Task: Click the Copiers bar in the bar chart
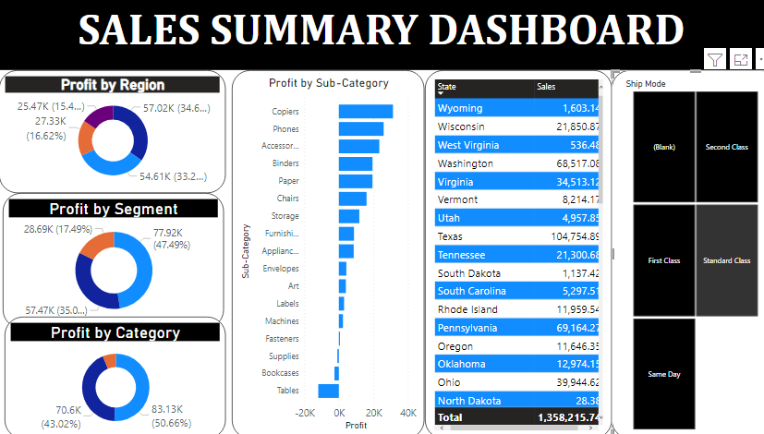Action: (365, 112)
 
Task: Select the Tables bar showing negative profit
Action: (328, 391)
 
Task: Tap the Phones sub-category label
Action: (285, 129)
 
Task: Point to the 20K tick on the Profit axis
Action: (373, 413)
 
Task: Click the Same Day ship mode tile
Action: (663, 374)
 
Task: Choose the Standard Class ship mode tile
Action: (728, 260)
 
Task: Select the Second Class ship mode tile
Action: (727, 147)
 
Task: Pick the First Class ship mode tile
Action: (663, 260)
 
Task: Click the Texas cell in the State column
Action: (456, 236)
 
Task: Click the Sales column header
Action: (546, 87)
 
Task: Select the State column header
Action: (447, 87)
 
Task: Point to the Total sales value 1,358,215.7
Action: (568, 417)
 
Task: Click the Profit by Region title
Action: (113, 85)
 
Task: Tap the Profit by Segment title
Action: (114, 209)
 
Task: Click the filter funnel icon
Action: (715, 60)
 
